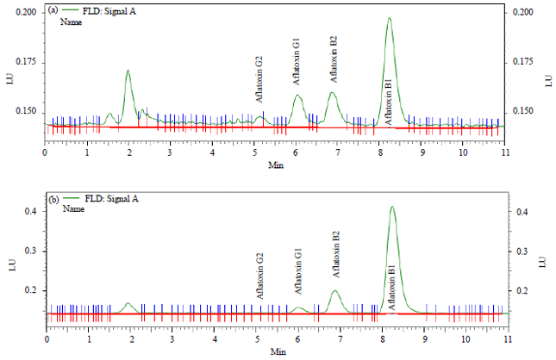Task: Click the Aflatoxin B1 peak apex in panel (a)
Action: pyautogui.click(x=389, y=19)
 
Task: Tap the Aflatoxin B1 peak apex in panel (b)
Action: pyautogui.click(x=392, y=207)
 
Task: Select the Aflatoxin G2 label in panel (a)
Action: pyautogui.click(x=259, y=77)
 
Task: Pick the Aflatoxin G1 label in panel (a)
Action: pyautogui.click(x=297, y=61)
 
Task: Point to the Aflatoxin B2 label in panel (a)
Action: pyautogui.click(x=334, y=59)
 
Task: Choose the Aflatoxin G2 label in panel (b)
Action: pyautogui.click(x=259, y=275)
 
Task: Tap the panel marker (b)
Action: pyautogui.click(x=53, y=198)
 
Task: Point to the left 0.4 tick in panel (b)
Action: pyautogui.click(x=30, y=211)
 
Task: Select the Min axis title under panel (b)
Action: pyautogui.click(x=276, y=351)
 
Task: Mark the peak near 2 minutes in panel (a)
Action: pyautogui.click(x=128, y=71)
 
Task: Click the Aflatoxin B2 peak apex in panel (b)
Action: pyautogui.click(x=336, y=290)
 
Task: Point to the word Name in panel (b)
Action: pyautogui.click(x=72, y=209)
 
